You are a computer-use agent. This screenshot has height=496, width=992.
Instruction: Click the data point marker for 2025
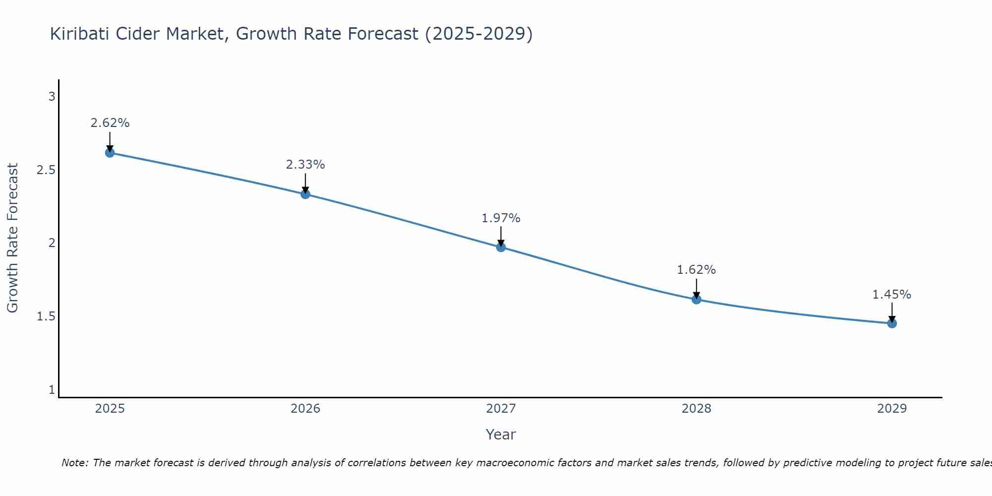tap(110, 153)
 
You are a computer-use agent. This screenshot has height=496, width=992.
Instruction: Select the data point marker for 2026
tap(306, 194)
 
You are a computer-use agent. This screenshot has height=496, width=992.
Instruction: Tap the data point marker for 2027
tap(501, 247)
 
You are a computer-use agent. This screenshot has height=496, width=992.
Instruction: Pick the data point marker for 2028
tap(696, 299)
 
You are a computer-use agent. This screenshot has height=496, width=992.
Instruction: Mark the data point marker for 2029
tap(892, 323)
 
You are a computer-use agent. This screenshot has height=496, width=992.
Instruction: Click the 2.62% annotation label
tap(110, 123)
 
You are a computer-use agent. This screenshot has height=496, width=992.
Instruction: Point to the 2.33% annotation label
tap(306, 165)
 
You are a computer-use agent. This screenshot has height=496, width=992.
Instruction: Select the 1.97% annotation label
tap(501, 218)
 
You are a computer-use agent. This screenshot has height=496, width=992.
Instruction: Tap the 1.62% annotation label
tap(696, 270)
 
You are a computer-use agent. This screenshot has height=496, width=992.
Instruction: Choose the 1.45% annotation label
tap(892, 295)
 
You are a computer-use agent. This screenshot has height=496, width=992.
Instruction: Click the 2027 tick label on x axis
tap(501, 409)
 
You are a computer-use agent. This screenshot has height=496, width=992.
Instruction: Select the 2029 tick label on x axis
tap(892, 409)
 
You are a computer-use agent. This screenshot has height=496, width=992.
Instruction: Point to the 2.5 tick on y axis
tap(46, 170)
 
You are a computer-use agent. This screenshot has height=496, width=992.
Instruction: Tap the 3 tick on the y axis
tap(52, 97)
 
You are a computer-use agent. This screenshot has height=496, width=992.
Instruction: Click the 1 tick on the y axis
tap(52, 390)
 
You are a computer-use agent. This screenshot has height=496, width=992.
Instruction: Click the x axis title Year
tap(501, 434)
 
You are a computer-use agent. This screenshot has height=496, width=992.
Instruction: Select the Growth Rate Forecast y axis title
tap(12, 238)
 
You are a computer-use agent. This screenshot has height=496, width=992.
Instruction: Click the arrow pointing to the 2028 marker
tap(696, 289)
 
